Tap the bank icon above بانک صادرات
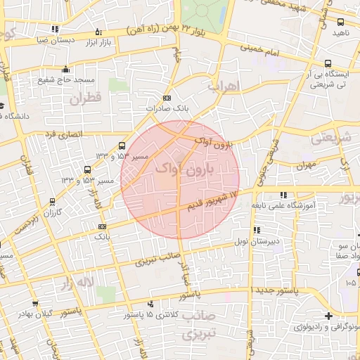click(167, 98)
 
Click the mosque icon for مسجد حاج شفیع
click(66, 69)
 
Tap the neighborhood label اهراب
click(224, 86)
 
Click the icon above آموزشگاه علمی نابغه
click(283, 195)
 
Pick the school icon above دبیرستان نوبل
click(256, 230)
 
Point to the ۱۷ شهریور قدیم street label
click(213, 200)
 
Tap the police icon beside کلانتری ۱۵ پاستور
click(152, 304)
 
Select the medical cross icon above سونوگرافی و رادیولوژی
click(328, 316)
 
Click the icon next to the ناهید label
click(340, 22)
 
